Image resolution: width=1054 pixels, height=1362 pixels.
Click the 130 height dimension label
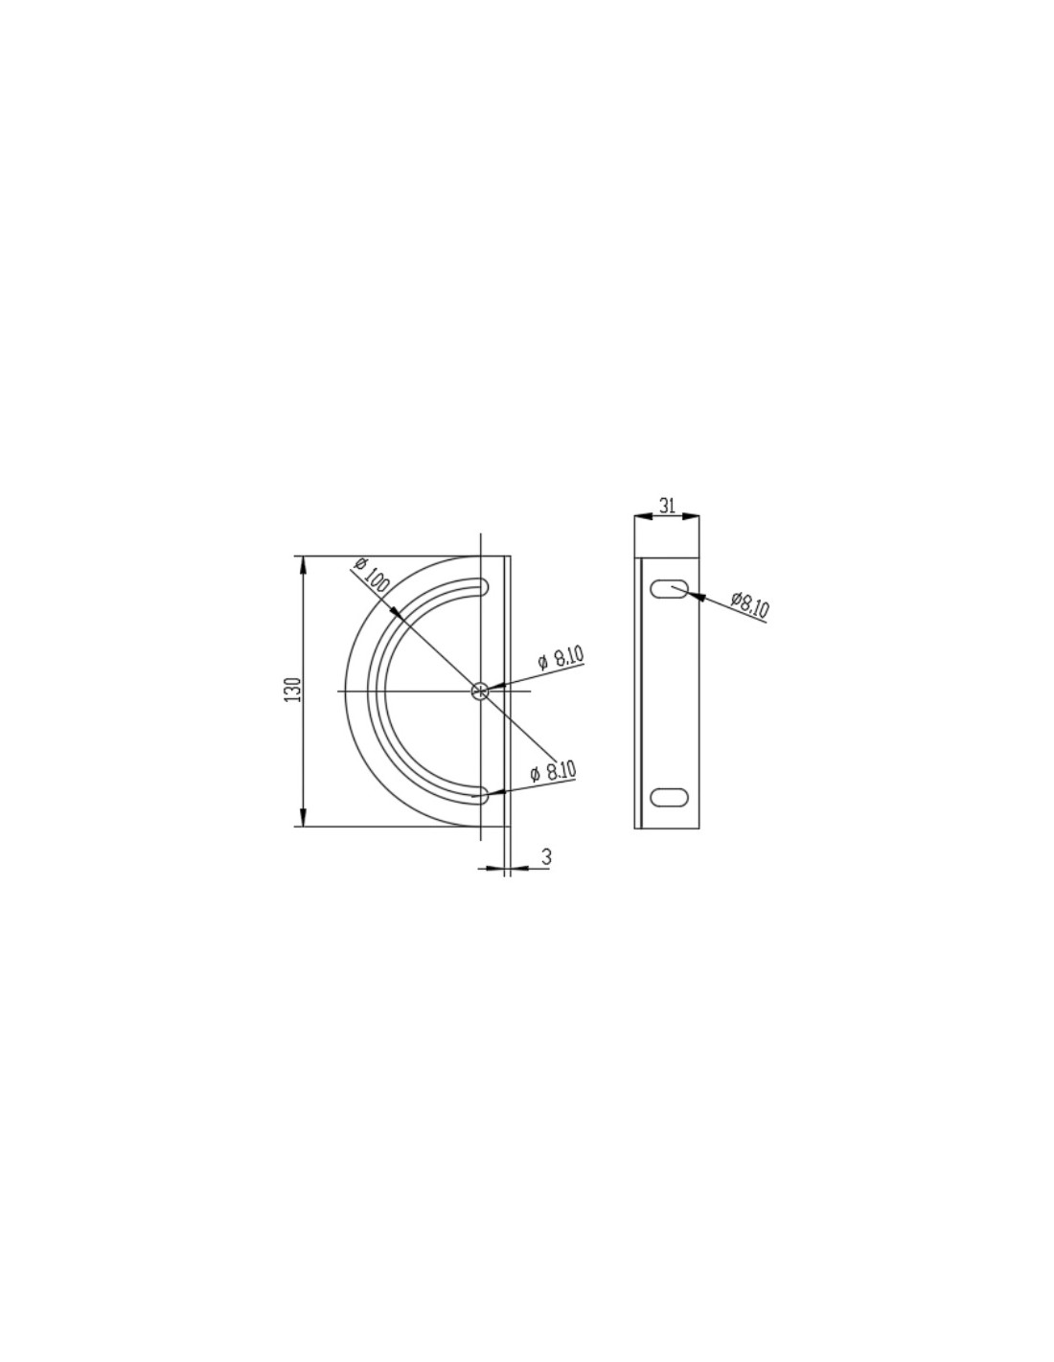pyautogui.click(x=293, y=689)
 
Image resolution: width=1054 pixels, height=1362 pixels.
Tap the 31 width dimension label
pyautogui.click(x=668, y=505)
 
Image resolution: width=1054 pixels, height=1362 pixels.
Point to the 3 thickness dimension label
pyautogui.click(x=546, y=857)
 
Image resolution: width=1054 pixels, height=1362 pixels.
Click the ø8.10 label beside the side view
pyautogui.click(x=750, y=603)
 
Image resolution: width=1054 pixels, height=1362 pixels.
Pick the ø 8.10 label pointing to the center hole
pyautogui.click(x=561, y=657)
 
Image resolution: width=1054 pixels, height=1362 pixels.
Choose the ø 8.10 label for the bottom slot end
pyautogui.click(x=553, y=771)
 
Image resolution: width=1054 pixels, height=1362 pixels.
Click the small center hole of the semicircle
pyautogui.click(x=480, y=691)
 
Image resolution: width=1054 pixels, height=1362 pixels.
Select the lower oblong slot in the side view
pyautogui.click(x=670, y=797)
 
